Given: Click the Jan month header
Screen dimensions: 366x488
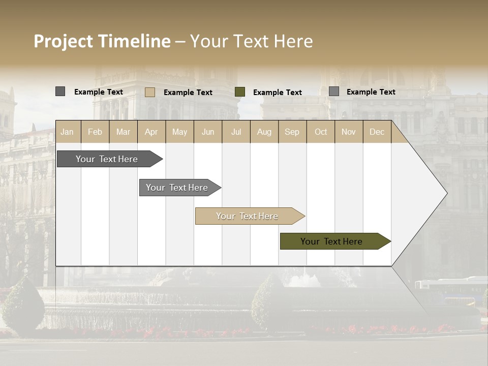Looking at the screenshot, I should (67, 132).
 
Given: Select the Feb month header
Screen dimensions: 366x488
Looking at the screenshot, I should (95, 132).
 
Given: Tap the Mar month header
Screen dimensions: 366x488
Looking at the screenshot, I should (123, 132).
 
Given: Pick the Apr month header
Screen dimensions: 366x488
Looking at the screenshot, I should (151, 132).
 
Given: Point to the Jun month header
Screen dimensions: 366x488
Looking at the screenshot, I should (208, 132).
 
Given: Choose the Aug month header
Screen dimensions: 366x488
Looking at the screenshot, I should (264, 132).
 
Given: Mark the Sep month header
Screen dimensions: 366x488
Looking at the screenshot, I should (292, 132).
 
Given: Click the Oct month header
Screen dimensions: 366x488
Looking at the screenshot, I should (321, 132).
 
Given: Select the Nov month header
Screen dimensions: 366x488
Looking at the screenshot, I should (349, 132).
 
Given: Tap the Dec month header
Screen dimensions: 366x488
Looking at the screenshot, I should (377, 132).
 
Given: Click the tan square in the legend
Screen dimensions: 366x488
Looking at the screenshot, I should (150, 92).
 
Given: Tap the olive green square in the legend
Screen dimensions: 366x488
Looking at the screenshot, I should (240, 92).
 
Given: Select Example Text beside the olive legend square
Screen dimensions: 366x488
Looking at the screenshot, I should (278, 93).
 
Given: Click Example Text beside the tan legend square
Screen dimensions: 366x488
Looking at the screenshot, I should (188, 93).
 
